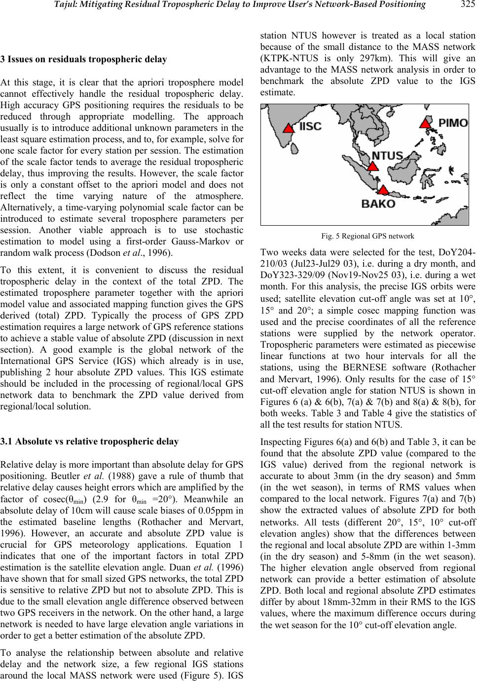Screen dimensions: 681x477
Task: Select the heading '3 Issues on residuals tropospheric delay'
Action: (x=83, y=60)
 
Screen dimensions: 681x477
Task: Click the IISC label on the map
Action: (x=310, y=126)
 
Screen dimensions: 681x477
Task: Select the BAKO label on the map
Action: (x=379, y=203)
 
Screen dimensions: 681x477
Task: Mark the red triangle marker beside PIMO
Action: (x=425, y=123)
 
